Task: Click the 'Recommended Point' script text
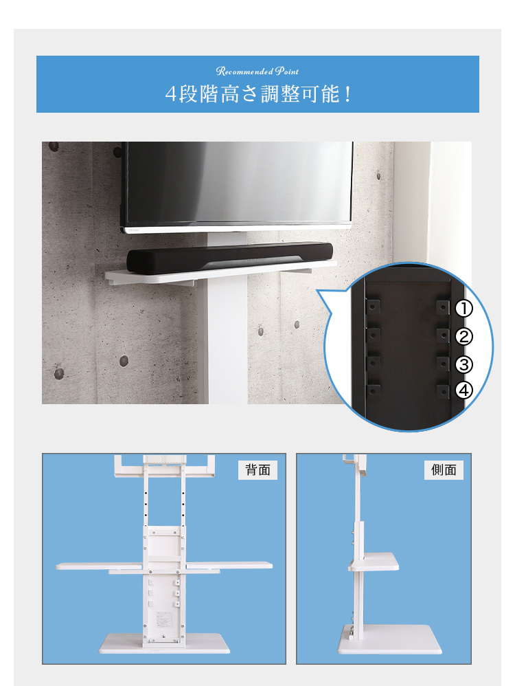(257, 71)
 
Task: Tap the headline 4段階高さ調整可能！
(257, 93)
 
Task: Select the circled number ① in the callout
(465, 309)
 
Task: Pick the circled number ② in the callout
(465, 336)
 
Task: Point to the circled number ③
(465, 364)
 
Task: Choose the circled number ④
(465, 390)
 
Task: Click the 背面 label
(257, 470)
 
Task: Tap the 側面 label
(444, 470)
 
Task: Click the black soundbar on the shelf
(230, 258)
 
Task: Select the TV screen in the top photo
(237, 182)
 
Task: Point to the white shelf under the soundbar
(206, 273)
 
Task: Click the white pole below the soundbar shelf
(227, 337)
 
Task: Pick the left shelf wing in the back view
(100, 566)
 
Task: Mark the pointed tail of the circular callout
(319, 291)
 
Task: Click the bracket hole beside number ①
(443, 307)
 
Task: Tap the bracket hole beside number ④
(443, 391)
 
